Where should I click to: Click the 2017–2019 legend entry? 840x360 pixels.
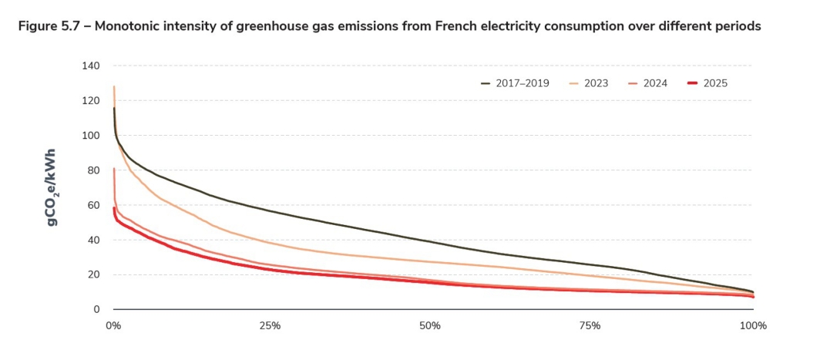[515, 83]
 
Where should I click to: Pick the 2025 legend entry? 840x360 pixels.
[707, 83]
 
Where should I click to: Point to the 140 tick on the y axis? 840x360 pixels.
[91, 66]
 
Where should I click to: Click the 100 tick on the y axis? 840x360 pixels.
[91, 136]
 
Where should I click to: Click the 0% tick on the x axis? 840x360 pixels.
[113, 325]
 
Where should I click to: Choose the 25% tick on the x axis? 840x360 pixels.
[270, 325]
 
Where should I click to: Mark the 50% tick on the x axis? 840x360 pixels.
[430, 325]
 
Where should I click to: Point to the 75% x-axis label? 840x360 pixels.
[590, 325]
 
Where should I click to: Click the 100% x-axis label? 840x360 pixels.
[753, 325]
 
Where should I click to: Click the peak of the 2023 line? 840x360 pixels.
[114, 86]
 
